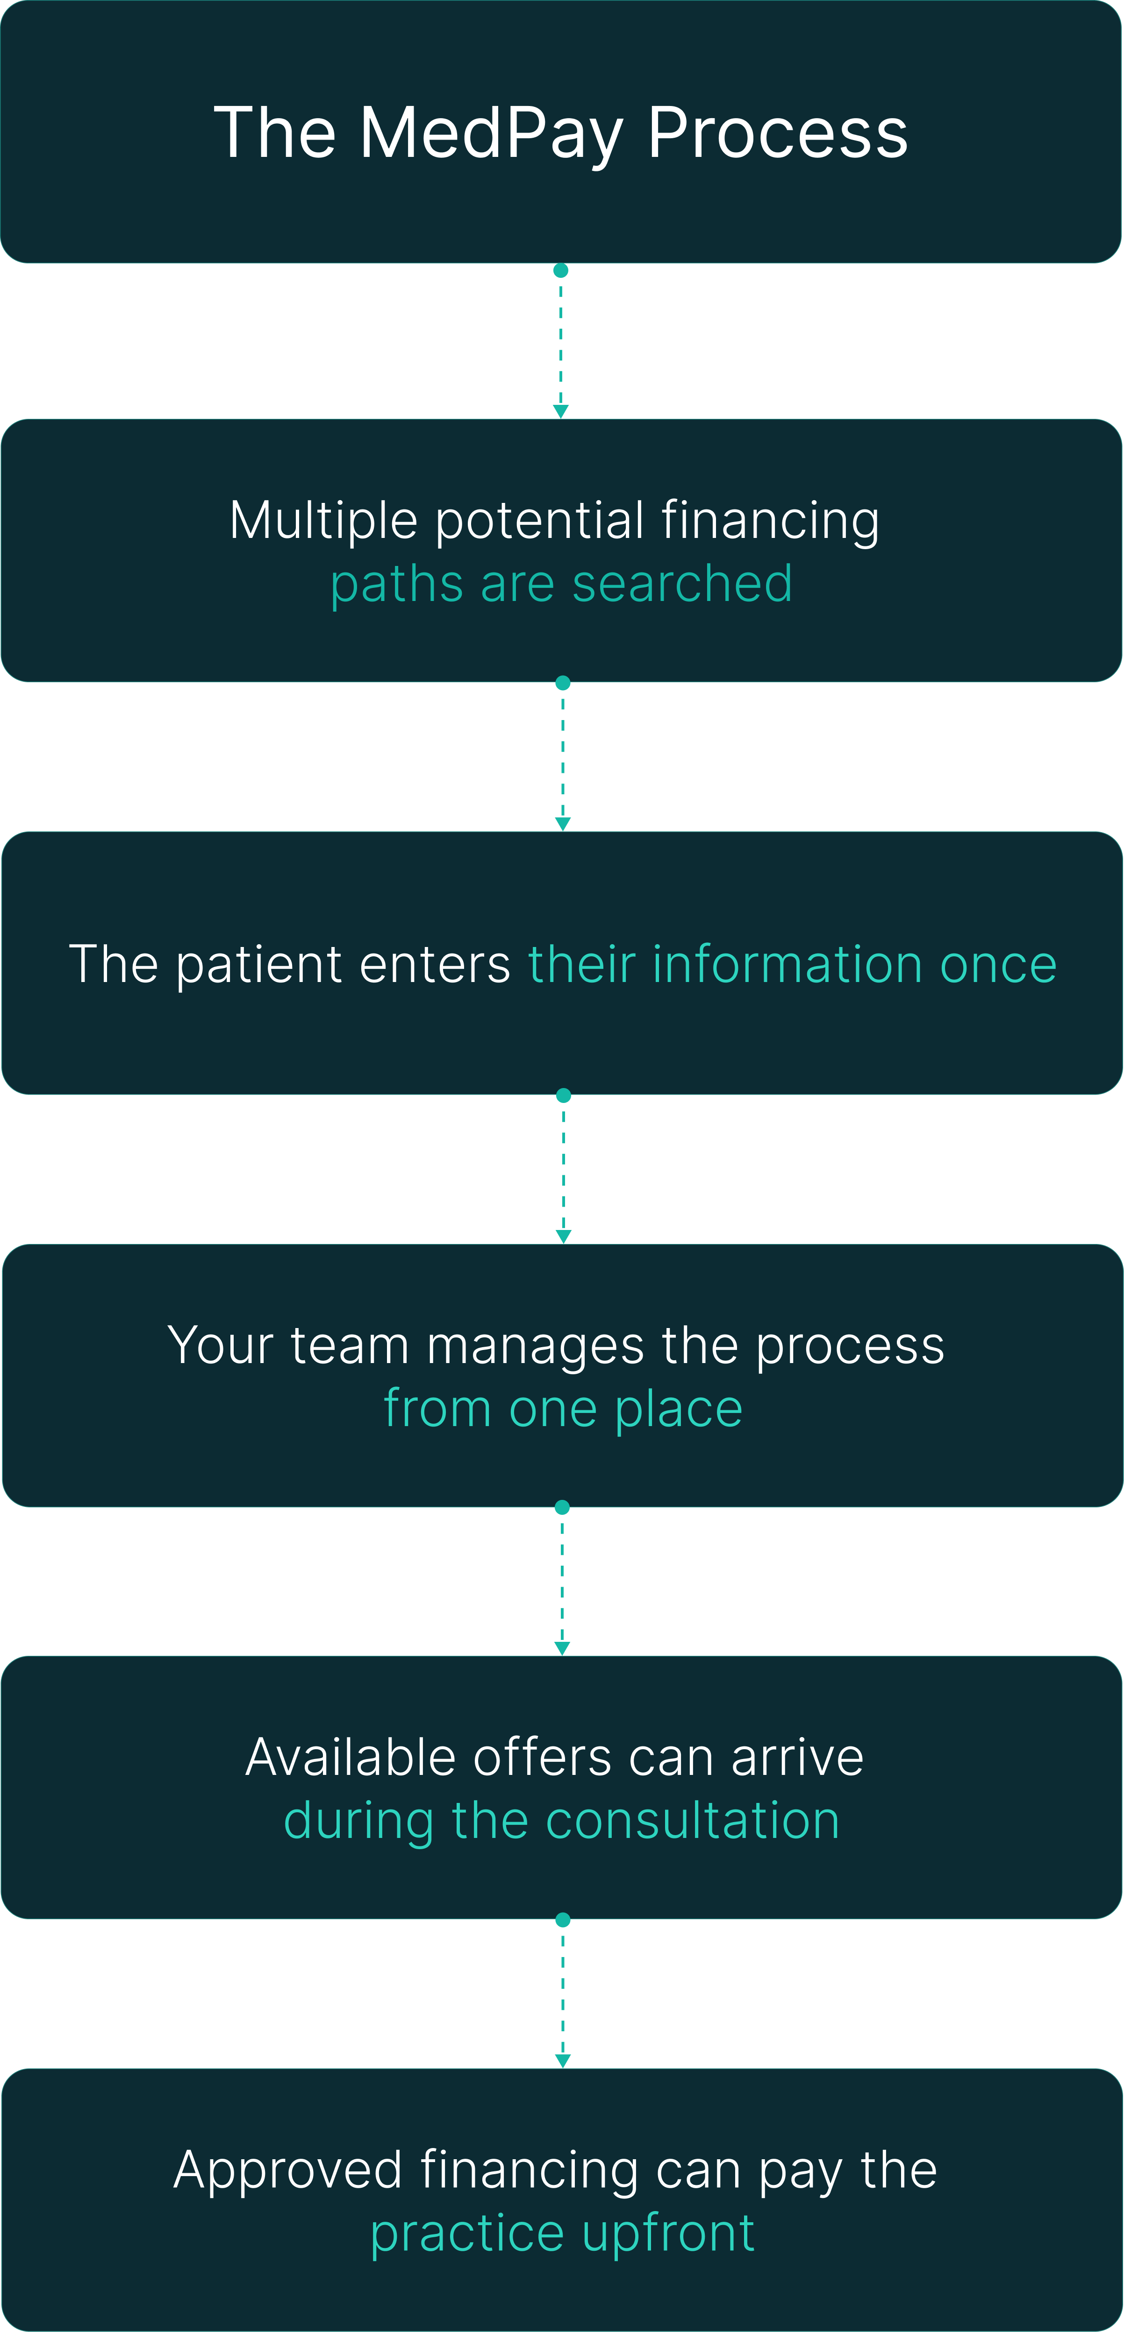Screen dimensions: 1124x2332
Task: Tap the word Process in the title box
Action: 777,133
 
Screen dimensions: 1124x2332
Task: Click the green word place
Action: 679,1410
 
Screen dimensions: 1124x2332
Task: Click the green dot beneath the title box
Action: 561,271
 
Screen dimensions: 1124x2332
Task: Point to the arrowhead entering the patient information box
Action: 562,824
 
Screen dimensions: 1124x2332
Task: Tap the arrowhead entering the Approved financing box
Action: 562,2061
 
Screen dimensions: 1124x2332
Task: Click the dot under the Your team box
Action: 562,1507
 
